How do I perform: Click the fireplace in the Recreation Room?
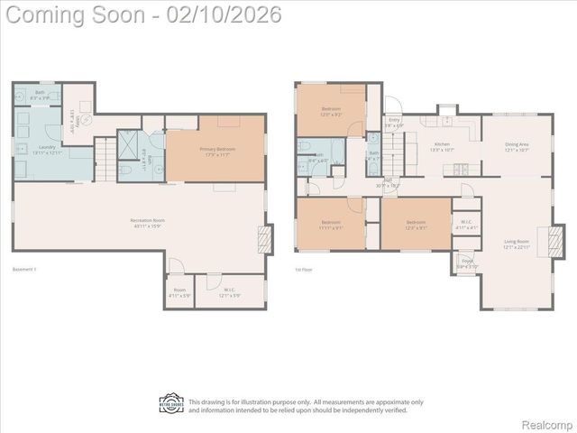pos(264,238)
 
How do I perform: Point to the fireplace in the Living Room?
pos(557,240)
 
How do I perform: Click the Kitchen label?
pos(442,146)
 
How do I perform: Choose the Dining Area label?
pos(517,146)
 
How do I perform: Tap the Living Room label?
pos(517,244)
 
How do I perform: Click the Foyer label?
pos(466,265)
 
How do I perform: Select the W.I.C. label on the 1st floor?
pos(466,224)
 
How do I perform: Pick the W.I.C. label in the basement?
pos(229,293)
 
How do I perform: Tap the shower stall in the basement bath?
pos(128,143)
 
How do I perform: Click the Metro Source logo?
pos(171,403)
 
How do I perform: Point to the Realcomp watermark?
pos(547,424)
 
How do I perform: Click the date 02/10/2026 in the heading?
pos(226,14)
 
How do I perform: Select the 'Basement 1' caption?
pos(25,269)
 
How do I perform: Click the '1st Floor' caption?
pos(304,269)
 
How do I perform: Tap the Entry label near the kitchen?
pos(394,122)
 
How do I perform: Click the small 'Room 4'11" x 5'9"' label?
pos(179,293)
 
